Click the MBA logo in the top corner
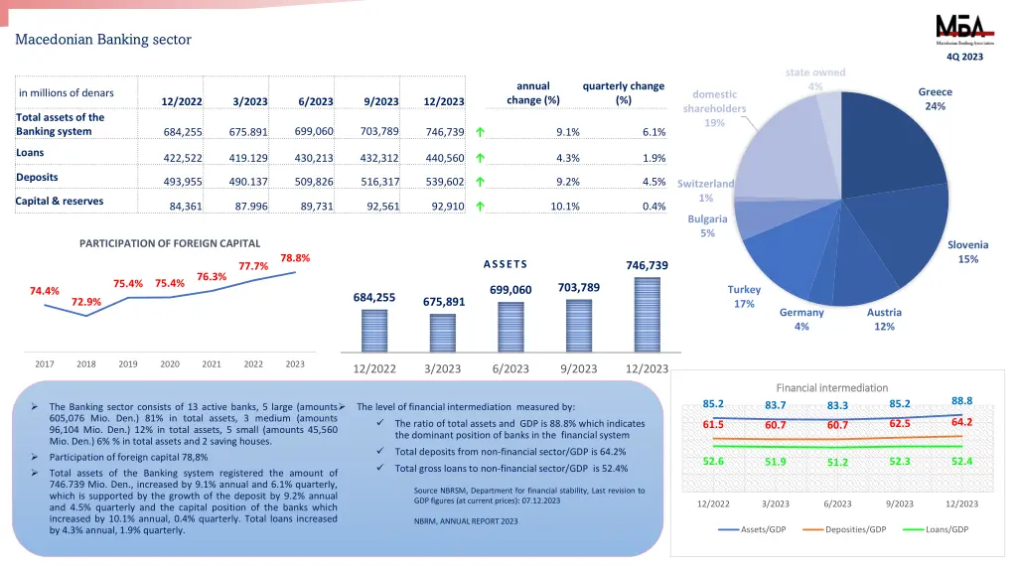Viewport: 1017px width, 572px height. [958, 30]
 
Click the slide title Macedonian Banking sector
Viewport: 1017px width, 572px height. [103, 40]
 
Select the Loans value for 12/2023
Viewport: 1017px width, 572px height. [443, 158]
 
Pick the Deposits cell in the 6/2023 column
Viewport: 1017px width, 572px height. [314, 182]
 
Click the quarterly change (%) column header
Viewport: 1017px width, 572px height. [623, 92]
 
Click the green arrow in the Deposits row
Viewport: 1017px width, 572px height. [480, 182]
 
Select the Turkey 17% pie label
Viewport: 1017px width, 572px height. [744, 296]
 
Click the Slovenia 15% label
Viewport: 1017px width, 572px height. [967, 252]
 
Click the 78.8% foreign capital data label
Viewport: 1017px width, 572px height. [295, 258]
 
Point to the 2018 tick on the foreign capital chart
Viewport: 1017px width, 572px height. [86, 364]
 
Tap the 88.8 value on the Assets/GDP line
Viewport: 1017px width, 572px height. [961, 400]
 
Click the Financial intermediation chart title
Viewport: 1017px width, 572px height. [831, 387]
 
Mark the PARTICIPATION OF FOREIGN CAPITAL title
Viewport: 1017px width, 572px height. [170, 243]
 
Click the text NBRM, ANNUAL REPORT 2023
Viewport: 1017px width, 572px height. [466, 521]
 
